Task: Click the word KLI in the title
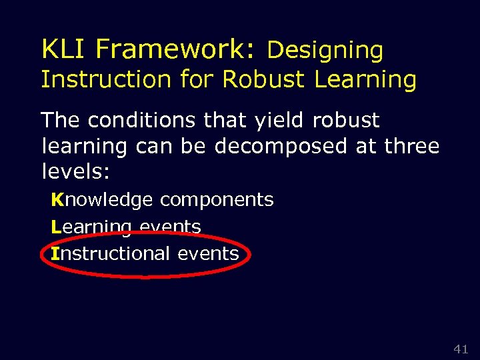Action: coord(65,49)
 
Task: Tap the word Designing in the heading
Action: coord(325,50)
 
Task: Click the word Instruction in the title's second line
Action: coord(106,79)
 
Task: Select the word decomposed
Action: coord(281,146)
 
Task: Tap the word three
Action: coord(412,146)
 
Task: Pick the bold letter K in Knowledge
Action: coord(57,200)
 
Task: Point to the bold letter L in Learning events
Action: coord(56,227)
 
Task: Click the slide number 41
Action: coord(461,349)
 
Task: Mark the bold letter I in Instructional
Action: coord(55,254)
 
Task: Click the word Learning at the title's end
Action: coord(365,79)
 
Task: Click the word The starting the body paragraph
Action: coord(61,121)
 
